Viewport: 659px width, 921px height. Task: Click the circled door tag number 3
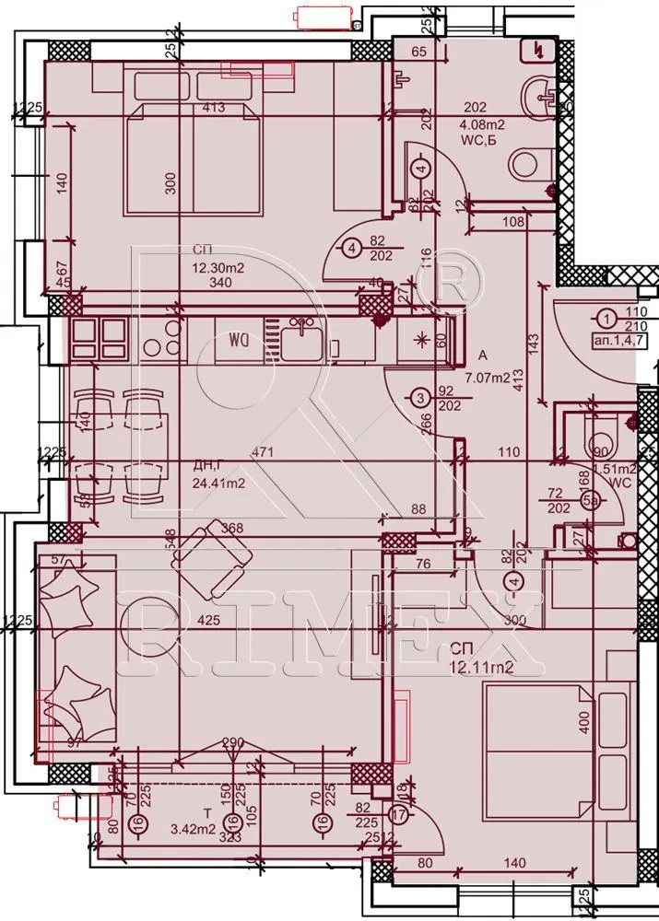(x=419, y=398)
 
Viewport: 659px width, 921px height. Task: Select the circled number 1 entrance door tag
(x=606, y=320)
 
